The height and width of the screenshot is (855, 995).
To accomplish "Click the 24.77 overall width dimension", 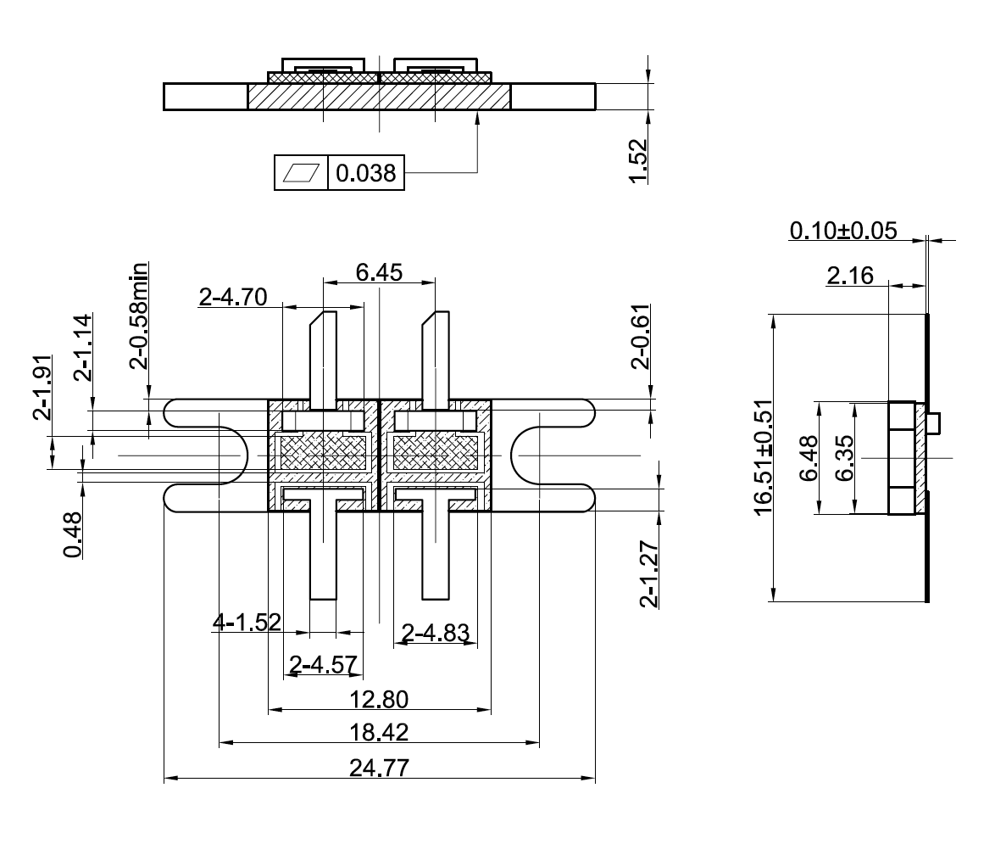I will tap(379, 768).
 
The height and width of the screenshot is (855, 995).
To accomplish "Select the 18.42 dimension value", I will tap(379, 732).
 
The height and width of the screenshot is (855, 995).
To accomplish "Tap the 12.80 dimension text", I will tap(379, 699).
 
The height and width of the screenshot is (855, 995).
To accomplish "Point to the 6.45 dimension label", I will tap(379, 272).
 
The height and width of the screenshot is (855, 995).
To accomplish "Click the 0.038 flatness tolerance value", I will tap(365, 173).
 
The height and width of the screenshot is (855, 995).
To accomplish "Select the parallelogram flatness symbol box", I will tap(301, 173).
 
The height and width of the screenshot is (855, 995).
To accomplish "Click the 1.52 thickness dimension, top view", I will tap(639, 160).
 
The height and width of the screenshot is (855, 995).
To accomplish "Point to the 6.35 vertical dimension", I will tap(843, 458).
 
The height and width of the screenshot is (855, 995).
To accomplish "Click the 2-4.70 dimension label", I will tap(233, 297).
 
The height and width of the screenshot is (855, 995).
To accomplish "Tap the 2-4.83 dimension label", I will tap(436, 632).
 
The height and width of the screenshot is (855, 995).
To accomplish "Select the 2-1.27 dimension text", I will tap(649, 573).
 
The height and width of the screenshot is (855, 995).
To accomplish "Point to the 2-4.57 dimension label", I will tap(323, 664).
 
